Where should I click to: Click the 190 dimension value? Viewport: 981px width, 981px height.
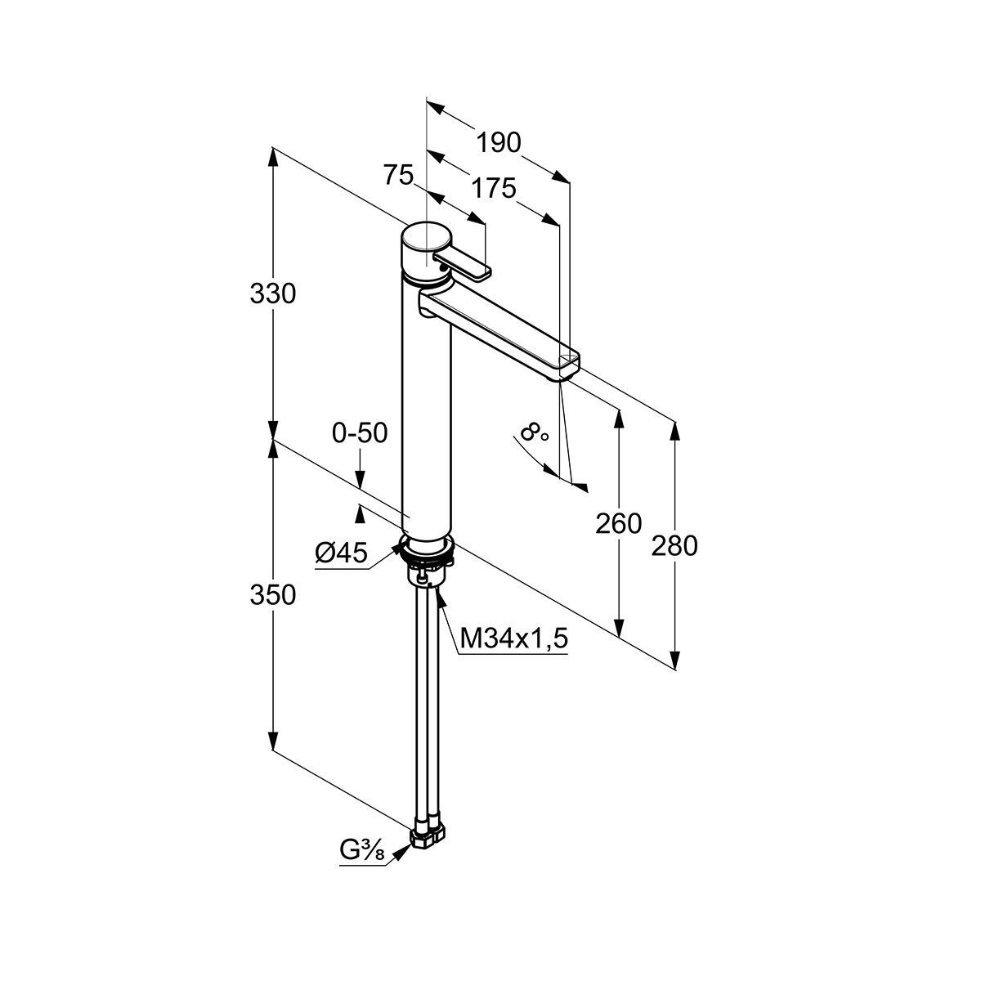point(499,143)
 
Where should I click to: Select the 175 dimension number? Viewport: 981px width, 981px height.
point(493,188)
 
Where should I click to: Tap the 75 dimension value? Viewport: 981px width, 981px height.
point(398,176)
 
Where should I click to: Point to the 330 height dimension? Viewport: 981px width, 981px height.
point(273,294)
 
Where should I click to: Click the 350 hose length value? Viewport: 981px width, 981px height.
point(273,594)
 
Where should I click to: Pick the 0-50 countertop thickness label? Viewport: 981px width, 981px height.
point(360,433)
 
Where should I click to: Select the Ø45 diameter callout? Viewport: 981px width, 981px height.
point(341,553)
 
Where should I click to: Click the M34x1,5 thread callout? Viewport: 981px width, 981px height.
point(513,638)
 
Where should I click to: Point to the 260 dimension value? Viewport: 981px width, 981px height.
point(619,523)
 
